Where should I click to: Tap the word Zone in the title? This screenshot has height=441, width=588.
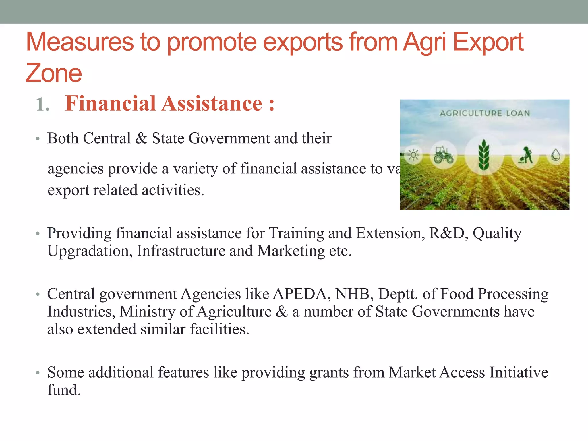tap(54, 73)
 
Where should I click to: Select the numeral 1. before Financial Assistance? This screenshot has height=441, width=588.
tap(42, 104)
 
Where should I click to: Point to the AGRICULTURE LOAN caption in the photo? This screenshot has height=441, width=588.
tap(485, 113)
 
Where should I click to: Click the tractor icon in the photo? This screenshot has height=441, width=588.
tap(443, 155)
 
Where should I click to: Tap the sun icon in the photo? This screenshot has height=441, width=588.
tap(413, 155)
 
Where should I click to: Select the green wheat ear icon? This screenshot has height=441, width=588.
tap(484, 155)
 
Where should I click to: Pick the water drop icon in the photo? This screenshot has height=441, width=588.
tap(556, 155)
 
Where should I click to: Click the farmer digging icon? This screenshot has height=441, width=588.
tap(525, 155)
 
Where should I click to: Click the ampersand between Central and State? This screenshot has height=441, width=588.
tap(141, 138)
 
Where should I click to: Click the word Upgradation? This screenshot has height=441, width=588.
tap(90, 251)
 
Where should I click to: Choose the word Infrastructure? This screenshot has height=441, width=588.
tap(181, 251)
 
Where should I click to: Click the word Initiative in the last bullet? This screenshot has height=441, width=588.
tap(519, 372)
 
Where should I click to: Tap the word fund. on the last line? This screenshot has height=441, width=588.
tap(64, 390)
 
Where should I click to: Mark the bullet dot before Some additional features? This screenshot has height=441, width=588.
tap(38, 373)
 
